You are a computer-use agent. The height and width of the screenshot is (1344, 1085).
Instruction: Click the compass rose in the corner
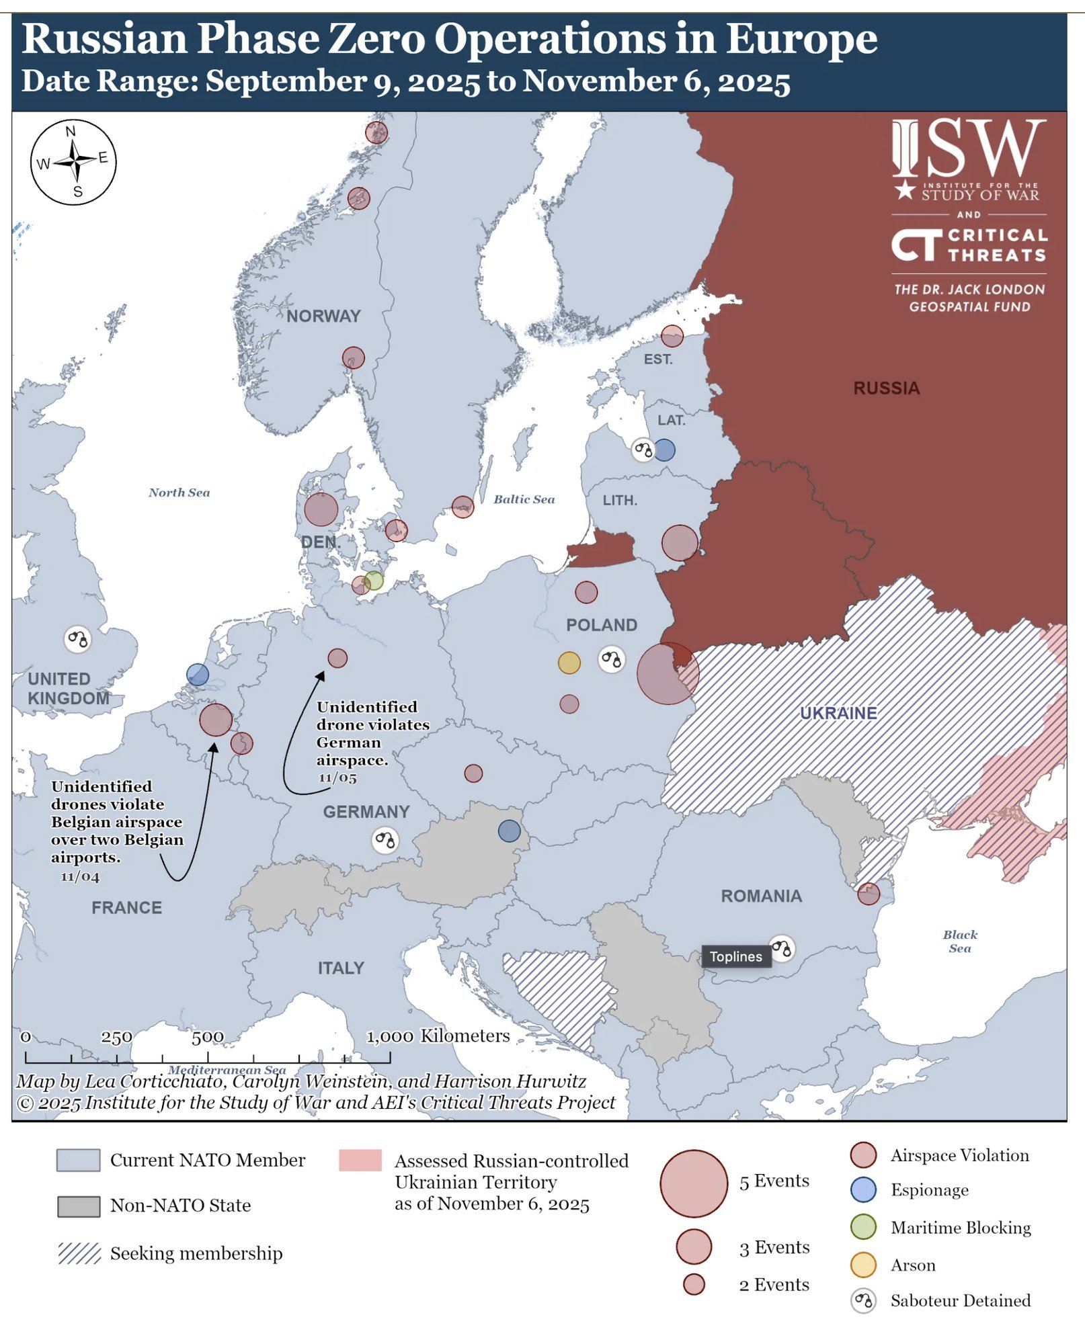click(73, 162)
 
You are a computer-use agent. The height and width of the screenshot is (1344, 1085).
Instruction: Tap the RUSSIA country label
click(886, 388)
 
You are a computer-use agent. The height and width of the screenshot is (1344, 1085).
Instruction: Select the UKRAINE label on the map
click(838, 713)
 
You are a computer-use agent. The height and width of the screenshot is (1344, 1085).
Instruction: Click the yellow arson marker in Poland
click(569, 663)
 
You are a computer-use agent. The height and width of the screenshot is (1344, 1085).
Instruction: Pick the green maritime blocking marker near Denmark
click(373, 581)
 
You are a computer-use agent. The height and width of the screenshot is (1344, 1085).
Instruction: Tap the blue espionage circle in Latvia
click(664, 450)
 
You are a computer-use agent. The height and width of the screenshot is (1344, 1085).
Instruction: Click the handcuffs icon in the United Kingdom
click(77, 639)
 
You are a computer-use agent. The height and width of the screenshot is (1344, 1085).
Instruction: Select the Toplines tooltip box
click(735, 956)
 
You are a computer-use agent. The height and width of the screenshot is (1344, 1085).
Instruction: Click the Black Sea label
click(959, 941)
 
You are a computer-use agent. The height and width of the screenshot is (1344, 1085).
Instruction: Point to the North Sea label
click(179, 493)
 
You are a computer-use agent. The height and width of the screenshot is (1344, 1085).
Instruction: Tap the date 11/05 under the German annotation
click(337, 778)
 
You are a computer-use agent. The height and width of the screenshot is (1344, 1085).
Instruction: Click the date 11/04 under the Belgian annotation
click(80, 877)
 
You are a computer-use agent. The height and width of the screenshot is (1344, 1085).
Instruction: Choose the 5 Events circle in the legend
click(693, 1183)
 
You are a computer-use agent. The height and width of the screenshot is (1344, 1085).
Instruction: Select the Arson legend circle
click(862, 1265)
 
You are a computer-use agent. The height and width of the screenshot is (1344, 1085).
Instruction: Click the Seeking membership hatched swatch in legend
click(79, 1253)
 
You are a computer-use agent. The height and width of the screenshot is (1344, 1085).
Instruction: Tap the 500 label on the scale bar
click(207, 1037)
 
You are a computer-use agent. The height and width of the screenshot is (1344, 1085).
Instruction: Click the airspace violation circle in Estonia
click(672, 336)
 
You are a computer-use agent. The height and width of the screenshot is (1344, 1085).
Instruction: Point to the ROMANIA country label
click(761, 896)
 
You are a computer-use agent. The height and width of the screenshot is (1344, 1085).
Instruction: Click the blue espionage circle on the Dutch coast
click(197, 674)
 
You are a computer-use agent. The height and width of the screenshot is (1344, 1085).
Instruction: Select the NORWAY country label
click(323, 316)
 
